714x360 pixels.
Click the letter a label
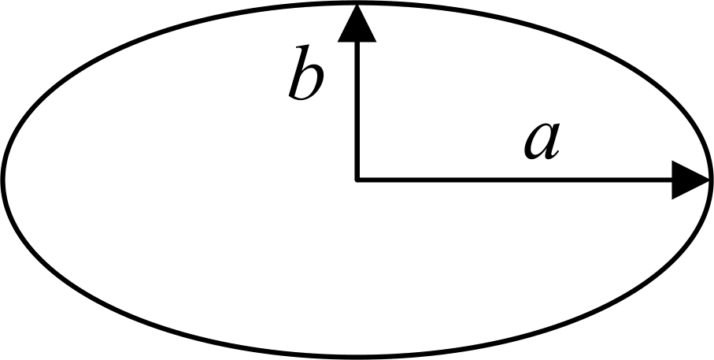[542, 142]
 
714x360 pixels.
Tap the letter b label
[306, 72]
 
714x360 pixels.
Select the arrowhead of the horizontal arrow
[690, 180]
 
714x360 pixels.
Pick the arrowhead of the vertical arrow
[357, 23]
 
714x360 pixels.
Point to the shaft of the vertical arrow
[357, 111]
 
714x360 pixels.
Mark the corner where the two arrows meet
[357, 180]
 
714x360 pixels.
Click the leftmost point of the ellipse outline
[2, 179]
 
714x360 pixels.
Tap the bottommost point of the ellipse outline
[357, 356]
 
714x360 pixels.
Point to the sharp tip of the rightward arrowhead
[709, 180]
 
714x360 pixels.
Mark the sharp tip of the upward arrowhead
[357, 4]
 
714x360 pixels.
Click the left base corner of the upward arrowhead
[338, 42]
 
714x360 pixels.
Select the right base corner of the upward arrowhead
[376, 42]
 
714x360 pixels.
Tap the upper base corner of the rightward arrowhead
[672, 161]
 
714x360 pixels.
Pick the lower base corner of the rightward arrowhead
[672, 199]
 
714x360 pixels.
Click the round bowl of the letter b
[310, 82]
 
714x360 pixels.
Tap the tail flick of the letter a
[553, 155]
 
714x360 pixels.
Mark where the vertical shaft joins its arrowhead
[357, 42]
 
